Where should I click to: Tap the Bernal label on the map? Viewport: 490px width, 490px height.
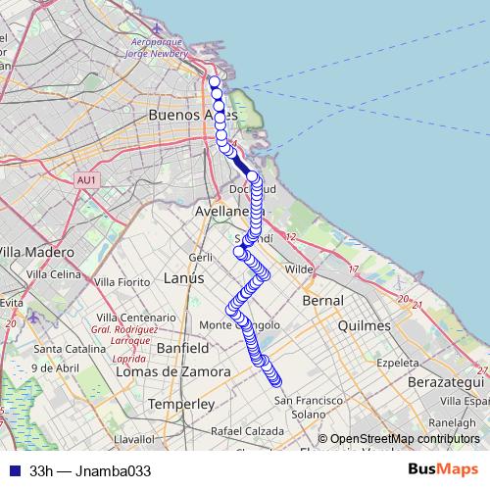point(323,300)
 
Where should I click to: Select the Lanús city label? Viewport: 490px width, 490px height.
point(184,278)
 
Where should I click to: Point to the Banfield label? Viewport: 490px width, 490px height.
point(182,348)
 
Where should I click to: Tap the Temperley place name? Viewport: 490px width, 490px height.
point(179,404)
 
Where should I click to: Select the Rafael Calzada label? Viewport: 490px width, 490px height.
point(246,432)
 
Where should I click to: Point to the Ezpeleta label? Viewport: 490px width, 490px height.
point(403,362)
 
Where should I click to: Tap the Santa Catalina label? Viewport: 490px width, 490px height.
point(62,349)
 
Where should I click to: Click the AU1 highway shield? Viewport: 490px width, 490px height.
point(86,179)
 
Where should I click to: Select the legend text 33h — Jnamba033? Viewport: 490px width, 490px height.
point(90,470)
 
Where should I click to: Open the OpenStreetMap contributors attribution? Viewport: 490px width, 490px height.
point(404,439)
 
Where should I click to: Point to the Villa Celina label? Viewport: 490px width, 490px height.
point(53,274)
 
